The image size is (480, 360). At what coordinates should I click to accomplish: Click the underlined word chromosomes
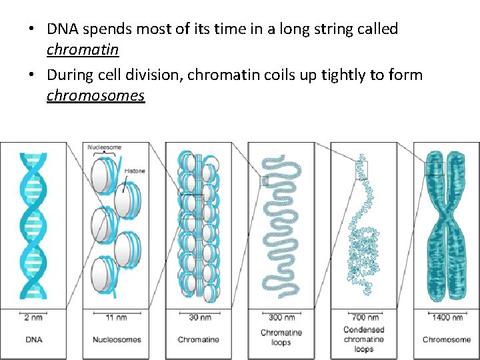click(95, 95)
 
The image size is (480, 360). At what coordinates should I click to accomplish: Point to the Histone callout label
click(134, 171)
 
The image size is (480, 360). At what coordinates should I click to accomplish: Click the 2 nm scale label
click(33, 317)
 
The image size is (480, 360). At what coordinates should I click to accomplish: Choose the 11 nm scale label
click(116, 317)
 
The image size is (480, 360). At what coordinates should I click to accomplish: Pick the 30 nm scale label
click(199, 317)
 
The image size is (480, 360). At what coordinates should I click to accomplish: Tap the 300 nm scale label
click(281, 317)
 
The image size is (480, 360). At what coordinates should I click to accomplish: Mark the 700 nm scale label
click(364, 317)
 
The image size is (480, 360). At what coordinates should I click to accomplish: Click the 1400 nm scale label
click(447, 317)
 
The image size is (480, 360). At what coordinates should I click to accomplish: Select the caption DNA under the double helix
click(33, 339)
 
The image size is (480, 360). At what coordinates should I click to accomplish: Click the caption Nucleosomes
click(116, 339)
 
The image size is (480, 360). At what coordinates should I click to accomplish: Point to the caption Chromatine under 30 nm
click(199, 339)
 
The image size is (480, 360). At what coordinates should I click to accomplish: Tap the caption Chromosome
click(447, 339)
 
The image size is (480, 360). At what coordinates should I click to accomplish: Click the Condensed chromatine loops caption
click(364, 339)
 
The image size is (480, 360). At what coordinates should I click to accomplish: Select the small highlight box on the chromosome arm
click(435, 168)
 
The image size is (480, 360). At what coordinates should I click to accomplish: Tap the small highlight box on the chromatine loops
click(264, 181)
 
